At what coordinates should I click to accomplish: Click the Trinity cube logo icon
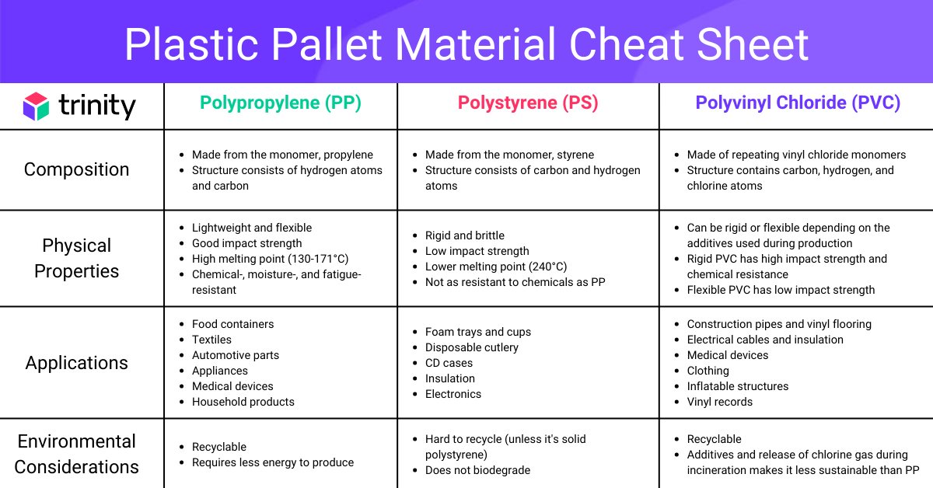point(36,106)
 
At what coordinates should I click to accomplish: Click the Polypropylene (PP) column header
point(281,103)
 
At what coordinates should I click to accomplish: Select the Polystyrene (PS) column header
point(528,103)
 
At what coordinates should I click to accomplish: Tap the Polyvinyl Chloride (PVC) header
point(798,103)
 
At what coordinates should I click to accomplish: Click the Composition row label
point(77,169)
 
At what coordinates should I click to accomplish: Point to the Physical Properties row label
point(77,258)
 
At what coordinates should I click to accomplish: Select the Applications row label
point(77,363)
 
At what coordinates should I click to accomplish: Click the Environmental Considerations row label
point(77,454)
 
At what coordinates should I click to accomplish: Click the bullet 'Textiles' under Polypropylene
point(211,340)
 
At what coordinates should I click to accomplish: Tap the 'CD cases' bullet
point(449,363)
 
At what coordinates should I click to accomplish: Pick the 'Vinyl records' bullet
point(720,402)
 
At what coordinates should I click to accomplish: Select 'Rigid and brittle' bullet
point(465,235)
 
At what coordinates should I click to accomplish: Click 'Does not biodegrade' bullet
point(477,470)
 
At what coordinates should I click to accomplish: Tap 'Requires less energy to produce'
point(273,462)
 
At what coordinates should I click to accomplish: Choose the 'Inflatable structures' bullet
point(738,386)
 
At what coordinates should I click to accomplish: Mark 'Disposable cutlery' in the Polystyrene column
point(472,347)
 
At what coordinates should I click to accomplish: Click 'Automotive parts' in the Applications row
point(236,355)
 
